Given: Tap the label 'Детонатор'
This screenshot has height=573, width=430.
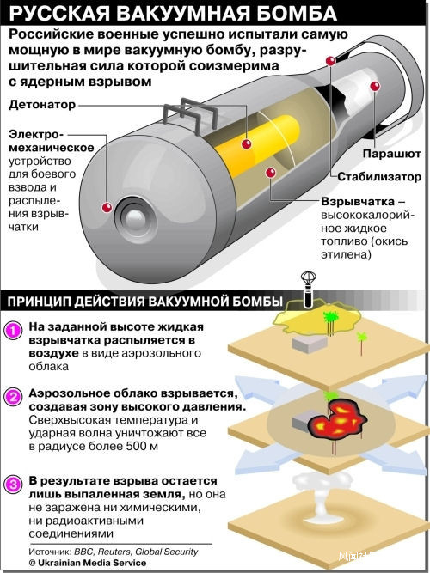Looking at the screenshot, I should tap(42, 104).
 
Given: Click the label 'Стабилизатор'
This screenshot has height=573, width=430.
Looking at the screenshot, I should tap(378, 176).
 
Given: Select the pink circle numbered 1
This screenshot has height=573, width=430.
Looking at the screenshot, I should tap(13, 330).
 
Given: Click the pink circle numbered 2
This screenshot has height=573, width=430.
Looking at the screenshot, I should tap(13, 396).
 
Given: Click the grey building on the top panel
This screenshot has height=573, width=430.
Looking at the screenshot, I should tap(309, 343).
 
